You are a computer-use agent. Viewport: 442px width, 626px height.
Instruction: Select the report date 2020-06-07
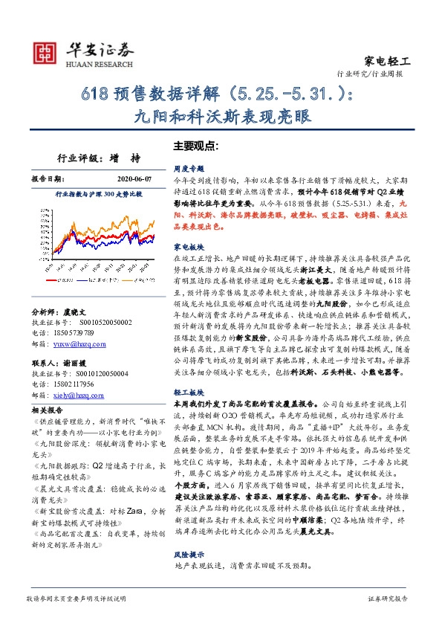(133, 179)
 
